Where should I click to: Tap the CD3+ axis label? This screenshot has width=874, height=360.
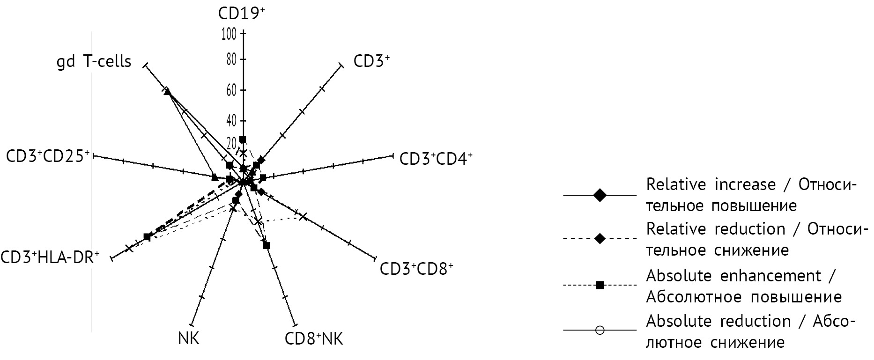(371, 61)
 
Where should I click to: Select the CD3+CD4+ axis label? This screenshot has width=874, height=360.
(436, 159)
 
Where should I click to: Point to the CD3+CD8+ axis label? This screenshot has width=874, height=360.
(416, 269)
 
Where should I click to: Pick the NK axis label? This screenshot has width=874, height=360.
(189, 338)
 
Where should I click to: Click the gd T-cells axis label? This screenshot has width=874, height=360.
(94, 61)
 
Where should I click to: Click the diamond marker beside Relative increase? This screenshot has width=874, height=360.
(600, 195)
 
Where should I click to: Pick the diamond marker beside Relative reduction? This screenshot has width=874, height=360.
(600, 239)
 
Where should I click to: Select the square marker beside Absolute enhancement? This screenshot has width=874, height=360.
(600, 285)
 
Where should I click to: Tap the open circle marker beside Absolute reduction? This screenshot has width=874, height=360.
(600, 331)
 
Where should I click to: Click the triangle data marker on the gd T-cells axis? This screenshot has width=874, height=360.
(168, 91)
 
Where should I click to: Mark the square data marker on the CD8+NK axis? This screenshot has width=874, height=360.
(267, 245)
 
